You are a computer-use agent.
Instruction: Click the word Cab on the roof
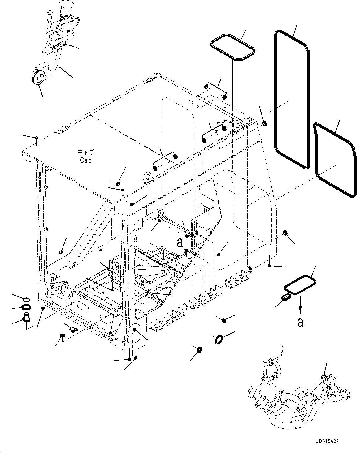click(85, 160)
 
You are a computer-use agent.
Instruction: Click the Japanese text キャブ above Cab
click(86, 152)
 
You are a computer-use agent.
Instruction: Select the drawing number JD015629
click(327, 441)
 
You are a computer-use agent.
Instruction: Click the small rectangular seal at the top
click(233, 49)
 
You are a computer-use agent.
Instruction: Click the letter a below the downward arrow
click(300, 322)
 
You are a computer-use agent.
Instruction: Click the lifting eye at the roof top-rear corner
click(152, 78)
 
